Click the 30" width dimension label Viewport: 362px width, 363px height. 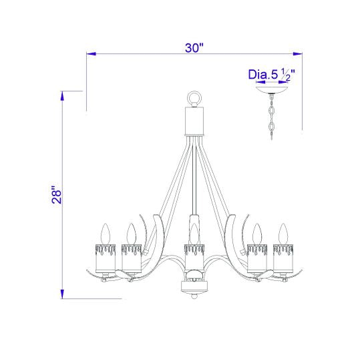click(x=194, y=48)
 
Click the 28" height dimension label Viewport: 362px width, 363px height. click(x=57, y=194)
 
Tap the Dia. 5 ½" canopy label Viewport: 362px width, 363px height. click(x=272, y=74)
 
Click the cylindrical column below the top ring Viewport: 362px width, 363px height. click(x=194, y=121)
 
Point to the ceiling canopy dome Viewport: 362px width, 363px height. click(x=272, y=90)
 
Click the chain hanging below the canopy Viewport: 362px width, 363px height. click(x=271, y=117)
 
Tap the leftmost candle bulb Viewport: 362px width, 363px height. click(x=106, y=234)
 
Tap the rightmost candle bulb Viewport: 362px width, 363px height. click(x=283, y=234)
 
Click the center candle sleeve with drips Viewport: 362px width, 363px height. click(x=194, y=256)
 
